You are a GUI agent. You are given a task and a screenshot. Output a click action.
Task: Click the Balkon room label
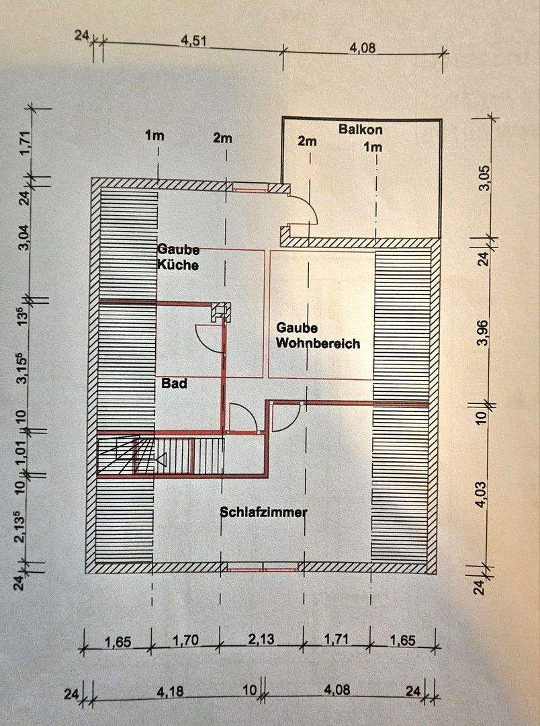pyautogui.click(x=361, y=128)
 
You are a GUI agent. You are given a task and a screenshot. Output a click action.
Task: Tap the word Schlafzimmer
pyautogui.click(x=263, y=512)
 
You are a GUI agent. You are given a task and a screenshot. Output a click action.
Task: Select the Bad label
pyautogui.click(x=175, y=383)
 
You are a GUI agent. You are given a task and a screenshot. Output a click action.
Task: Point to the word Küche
pyautogui.click(x=178, y=265)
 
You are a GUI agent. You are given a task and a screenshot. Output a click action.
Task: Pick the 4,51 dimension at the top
pyautogui.click(x=193, y=41)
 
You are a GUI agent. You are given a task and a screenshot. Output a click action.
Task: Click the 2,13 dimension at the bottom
pyautogui.click(x=261, y=639)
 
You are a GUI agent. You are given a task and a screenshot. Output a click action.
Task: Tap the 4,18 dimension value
pyautogui.click(x=171, y=692)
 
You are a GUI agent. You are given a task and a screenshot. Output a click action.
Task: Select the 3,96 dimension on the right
pyautogui.click(x=484, y=333)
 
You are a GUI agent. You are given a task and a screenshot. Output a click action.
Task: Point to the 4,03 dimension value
pyautogui.click(x=483, y=495)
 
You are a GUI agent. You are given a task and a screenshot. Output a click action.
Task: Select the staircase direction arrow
pyautogui.click(x=161, y=459)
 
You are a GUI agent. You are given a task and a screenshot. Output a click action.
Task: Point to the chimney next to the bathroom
pyautogui.click(x=220, y=312)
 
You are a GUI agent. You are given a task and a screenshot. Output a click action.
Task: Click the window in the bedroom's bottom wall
pyautogui.click(x=263, y=567)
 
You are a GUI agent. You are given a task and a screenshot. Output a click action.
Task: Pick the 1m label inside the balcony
pyautogui.click(x=373, y=147)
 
